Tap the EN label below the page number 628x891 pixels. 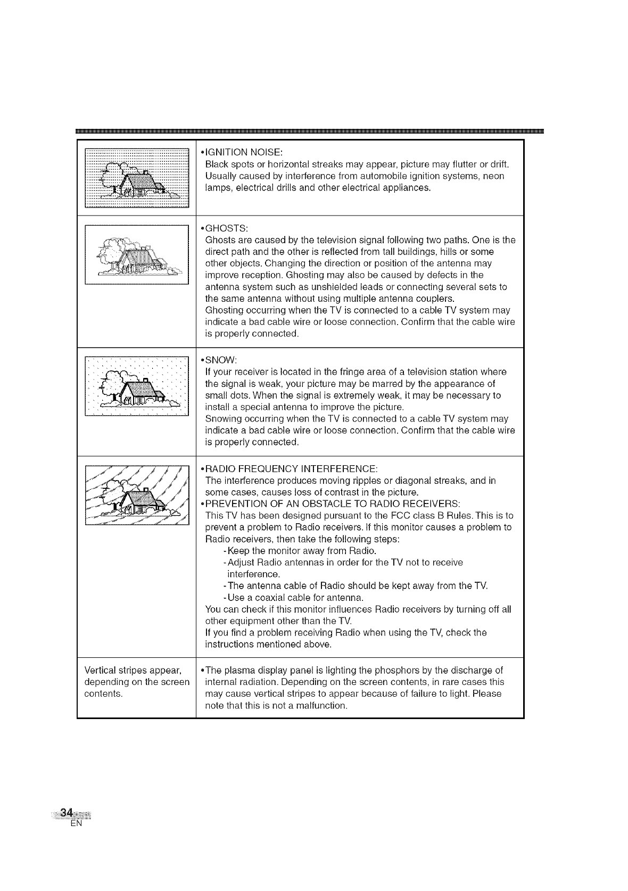click(75, 824)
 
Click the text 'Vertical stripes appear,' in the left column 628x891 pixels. click(133, 670)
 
